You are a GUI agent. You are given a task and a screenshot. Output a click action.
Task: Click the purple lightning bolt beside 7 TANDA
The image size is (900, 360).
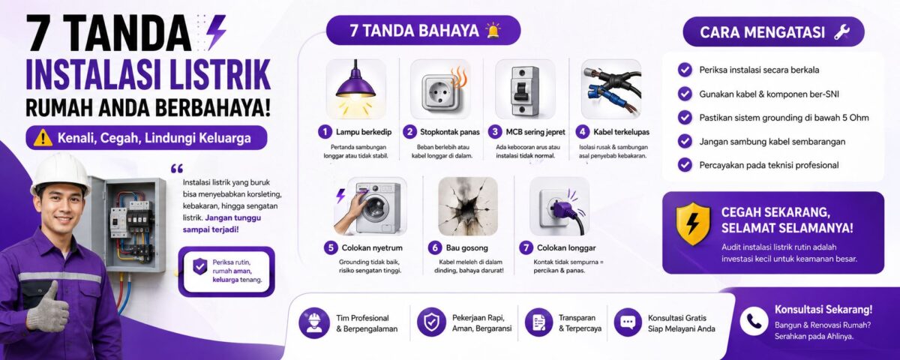[x=216, y=32]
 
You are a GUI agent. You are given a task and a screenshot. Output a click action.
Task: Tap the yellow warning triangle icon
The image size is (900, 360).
[x=43, y=138]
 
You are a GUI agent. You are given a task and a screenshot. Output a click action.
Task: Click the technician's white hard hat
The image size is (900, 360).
[x=61, y=173]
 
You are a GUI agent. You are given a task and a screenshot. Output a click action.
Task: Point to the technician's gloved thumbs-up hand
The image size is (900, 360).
[x=47, y=307]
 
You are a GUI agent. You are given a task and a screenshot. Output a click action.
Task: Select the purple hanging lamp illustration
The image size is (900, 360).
[x=355, y=88]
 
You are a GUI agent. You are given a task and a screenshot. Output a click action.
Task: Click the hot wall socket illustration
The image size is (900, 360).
[x=441, y=88]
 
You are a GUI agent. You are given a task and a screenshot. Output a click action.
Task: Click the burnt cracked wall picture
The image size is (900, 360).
[x=468, y=206]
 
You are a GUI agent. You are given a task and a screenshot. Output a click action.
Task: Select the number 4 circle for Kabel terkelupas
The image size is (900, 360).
[x=582, y=131]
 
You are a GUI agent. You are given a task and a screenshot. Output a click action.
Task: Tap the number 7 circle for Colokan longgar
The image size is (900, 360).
[x=526, y=247]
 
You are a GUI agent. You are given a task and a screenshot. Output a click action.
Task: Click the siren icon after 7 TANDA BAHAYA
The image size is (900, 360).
[x=493, y=31]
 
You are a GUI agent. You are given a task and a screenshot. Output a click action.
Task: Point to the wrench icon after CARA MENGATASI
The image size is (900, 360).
[x=841, y=32]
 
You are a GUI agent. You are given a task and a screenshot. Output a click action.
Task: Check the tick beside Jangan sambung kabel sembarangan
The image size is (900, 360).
[x=685, y=141]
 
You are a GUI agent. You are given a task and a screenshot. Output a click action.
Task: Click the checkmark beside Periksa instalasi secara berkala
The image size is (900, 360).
[x=685, y=70]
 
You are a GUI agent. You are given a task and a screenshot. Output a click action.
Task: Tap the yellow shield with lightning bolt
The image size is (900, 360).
[x=693, y=223]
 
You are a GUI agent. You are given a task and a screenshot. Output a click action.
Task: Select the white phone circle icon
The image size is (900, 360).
[x=754, y=321]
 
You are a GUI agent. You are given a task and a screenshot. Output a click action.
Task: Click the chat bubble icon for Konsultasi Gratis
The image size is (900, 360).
[x=628, y=322]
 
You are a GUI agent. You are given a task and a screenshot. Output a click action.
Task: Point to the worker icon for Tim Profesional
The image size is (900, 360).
[x=314, y=322]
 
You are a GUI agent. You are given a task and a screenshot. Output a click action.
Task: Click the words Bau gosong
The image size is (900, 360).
[x=466, y=248]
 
